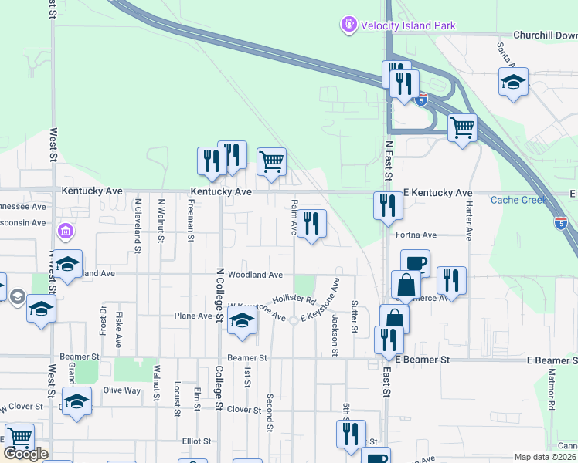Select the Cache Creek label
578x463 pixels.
point(518,201)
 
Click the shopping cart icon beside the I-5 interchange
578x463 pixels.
point(462,127)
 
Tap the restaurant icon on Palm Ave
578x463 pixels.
point(311,224)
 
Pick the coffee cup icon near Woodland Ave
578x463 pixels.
point(415,263)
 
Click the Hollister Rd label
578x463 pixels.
point(294,299)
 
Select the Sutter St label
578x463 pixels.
point(354,317)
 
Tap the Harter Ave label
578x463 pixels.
point(468,223)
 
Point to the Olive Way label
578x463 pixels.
point(122,390)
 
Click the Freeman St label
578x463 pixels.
point(190,220)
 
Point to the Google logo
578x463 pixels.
point(25,454)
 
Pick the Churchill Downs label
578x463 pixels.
point(545,35)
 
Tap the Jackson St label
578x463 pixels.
point(335,334)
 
